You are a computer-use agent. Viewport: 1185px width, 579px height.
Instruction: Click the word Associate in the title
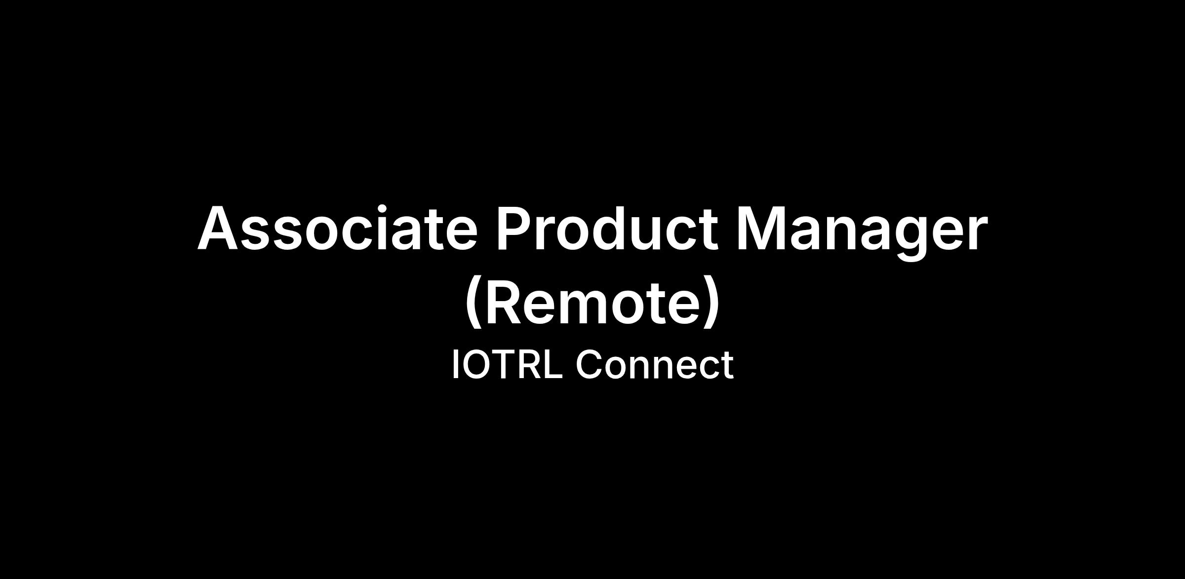click(x=338, y=229)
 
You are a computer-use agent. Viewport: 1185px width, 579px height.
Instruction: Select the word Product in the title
click(x=607, y=229)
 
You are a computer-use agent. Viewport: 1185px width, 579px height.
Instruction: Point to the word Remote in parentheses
click(x=592, y=302)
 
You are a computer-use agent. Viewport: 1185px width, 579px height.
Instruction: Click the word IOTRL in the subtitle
click(x=507, y=364)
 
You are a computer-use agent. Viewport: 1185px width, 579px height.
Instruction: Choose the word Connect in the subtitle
click(x=655, y=364)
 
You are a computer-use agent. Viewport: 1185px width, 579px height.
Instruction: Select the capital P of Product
click(x=515, y=229)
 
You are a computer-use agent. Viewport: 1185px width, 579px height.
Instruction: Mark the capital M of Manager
click(x=761, y=229)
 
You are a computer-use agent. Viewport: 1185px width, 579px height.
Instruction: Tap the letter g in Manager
click(x=908, y=239)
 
